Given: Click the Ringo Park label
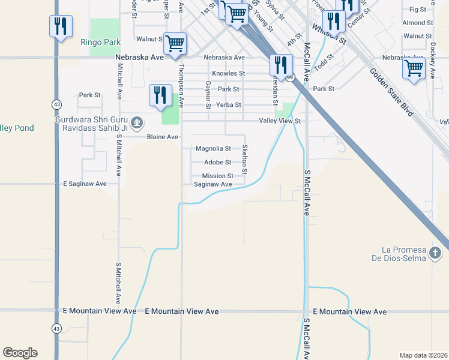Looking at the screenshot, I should (100, 43).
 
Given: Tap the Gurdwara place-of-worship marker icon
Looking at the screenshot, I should (137, 124).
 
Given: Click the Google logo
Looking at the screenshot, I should (20, 353).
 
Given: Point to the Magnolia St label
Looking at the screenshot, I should (213, 148).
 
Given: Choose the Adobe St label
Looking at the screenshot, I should (217, 162).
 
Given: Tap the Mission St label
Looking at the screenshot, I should (217, 176).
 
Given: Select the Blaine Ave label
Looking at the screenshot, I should (163, 137).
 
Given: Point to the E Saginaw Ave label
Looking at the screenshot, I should (85, 184).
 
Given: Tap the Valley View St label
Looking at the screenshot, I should (279, 121).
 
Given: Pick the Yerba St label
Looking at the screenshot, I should (229, 104).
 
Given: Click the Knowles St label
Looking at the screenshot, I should (229, 73).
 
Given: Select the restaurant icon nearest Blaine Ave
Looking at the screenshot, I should (160, 95).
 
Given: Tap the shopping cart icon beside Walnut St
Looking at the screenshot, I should (175, 43).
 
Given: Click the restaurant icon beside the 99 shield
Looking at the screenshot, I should (281, 64).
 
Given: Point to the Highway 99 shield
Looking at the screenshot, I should (291, 77).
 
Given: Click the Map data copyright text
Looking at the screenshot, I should (423, 355).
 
